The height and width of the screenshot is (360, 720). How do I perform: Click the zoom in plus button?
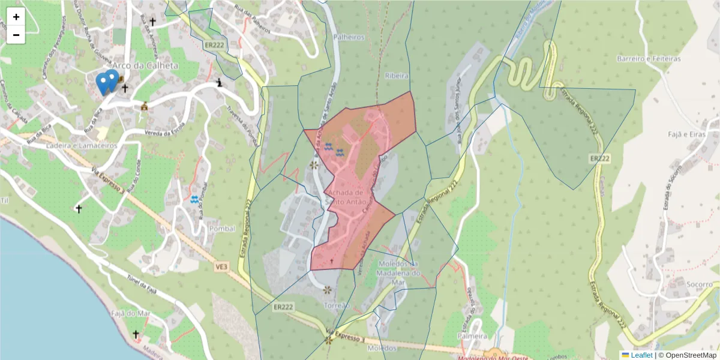tap(16, 17)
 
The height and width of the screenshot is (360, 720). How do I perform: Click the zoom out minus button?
tap(16, 35)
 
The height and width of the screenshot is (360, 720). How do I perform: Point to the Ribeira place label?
tap(397, 76)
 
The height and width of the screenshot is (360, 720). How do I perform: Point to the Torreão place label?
tap(337, 305)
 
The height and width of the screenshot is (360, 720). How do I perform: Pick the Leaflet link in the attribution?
tap(641, 355)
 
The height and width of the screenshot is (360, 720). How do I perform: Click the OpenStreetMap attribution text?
tap(688, 355)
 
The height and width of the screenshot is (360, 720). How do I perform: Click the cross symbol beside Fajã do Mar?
tap(136, 334)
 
